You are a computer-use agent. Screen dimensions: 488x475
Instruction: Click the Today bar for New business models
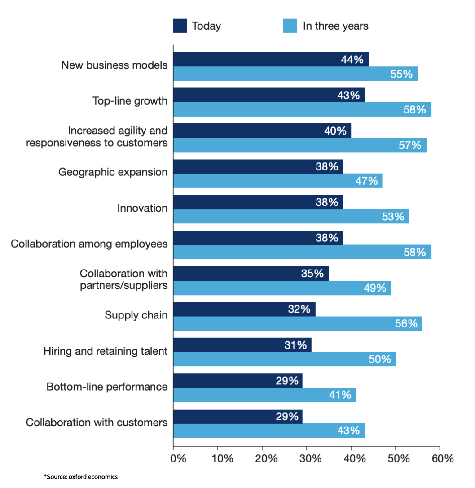point(271,59)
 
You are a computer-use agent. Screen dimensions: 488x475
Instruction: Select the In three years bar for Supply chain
point(297,323)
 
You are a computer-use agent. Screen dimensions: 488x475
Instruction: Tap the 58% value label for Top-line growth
point(414,109)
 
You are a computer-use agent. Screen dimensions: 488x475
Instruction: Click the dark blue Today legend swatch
point(180,26)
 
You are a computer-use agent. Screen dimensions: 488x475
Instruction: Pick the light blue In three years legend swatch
point(290,26)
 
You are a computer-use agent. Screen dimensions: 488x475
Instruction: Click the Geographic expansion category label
point(113,173)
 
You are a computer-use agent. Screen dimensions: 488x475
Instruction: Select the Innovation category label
point(142,208)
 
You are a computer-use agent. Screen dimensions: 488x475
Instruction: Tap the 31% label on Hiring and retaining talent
point(295,345)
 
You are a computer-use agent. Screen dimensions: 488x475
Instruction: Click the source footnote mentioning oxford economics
point(81,477)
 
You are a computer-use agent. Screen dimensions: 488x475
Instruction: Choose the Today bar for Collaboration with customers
point(237,416)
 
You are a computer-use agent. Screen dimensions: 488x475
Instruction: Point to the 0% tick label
point(178,459)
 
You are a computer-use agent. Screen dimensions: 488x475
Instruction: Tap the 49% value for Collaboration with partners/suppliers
point(374,288)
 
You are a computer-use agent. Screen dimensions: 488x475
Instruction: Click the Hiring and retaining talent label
point(106,351)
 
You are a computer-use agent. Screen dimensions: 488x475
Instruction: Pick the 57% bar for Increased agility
point(299,145)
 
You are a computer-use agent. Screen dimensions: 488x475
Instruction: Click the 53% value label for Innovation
point(392,217)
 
